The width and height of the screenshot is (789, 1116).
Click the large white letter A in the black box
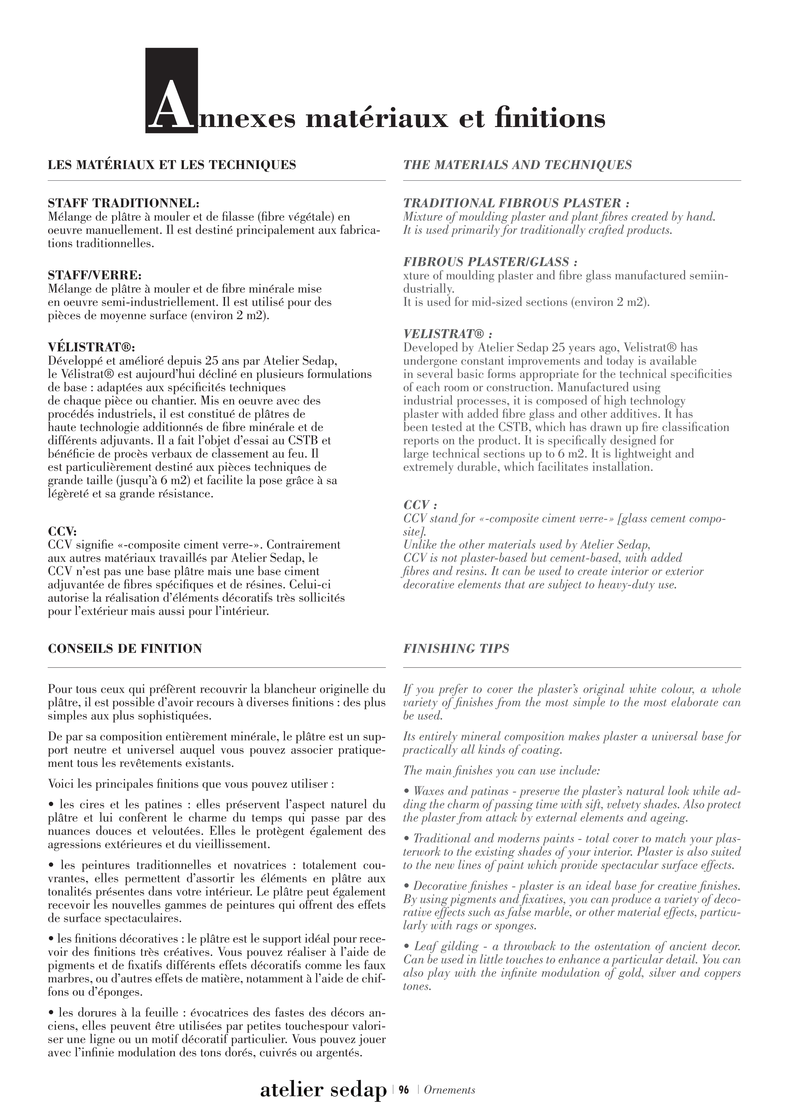(171, 106)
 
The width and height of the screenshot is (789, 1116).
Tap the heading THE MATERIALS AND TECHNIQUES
(517, 165)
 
